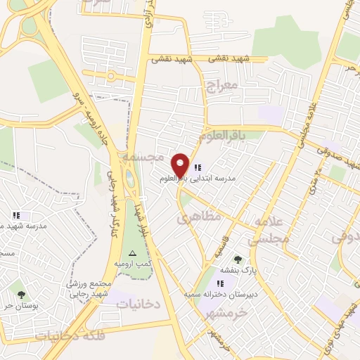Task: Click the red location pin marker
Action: (181, 165)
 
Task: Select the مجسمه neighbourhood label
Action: (142, 157)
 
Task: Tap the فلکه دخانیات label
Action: (70, 335)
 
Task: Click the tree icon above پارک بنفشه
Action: (237, 259)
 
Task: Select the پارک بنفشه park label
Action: (238, 269)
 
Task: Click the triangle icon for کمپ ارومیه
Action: (131, 252)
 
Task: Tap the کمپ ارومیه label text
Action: (134, 263)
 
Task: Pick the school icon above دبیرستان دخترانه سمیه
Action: (221, 283)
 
